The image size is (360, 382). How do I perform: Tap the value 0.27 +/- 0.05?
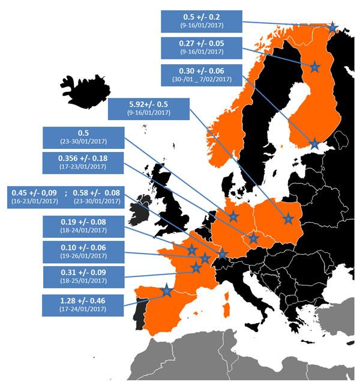(x=202, y=43)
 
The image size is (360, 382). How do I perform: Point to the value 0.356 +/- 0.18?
(x=83, y=158)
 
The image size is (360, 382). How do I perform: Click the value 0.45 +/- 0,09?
(x=33, y=192)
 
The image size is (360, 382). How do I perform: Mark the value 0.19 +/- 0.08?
(x=82, y=222)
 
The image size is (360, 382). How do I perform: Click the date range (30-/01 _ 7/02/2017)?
(x=202, y=79)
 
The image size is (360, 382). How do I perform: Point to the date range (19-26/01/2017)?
(x=82, y=256)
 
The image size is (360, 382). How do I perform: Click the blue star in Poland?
(x=289, y=219)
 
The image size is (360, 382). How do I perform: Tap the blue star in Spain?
(x=166, y=292)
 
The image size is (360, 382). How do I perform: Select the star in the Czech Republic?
(x=254, y=239)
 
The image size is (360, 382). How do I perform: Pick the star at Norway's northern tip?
(x=333, y=26)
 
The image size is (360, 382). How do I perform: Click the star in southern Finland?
(x=314, y=144)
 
